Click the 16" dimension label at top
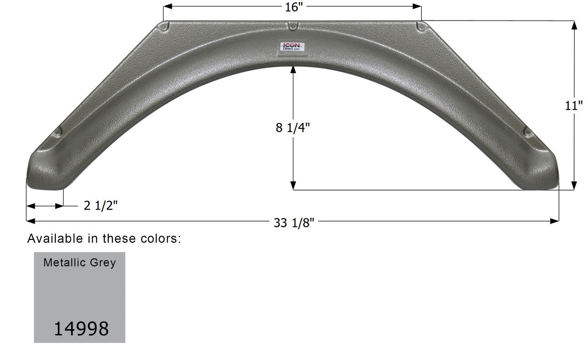292,7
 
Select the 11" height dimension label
574,106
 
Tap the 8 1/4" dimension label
292,128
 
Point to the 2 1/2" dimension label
101,206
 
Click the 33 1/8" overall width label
294,222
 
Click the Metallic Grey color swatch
80,297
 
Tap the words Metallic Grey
80,263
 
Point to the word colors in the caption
162,238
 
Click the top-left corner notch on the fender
165,27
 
